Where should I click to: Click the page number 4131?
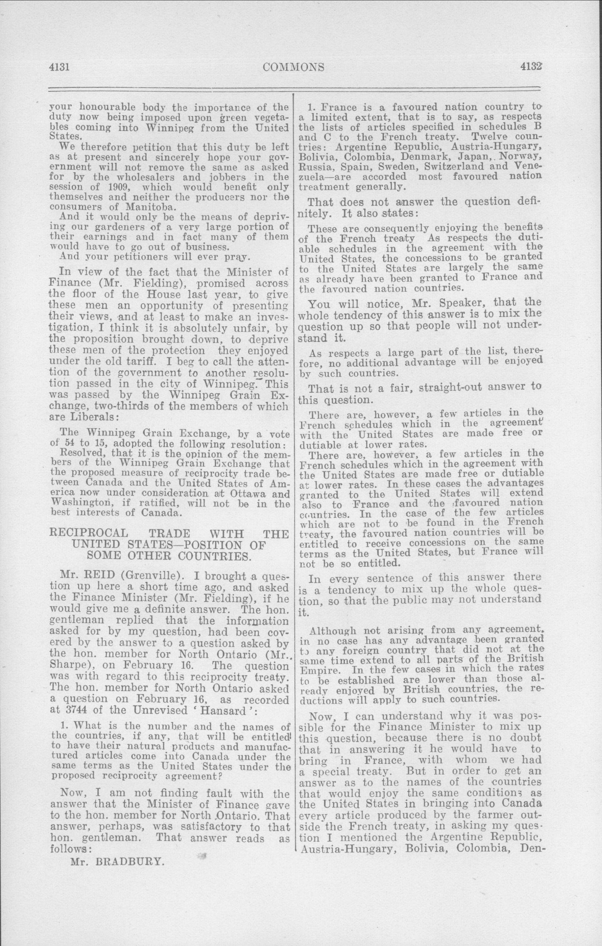(59, 67)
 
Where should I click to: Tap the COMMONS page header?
(294, 67)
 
